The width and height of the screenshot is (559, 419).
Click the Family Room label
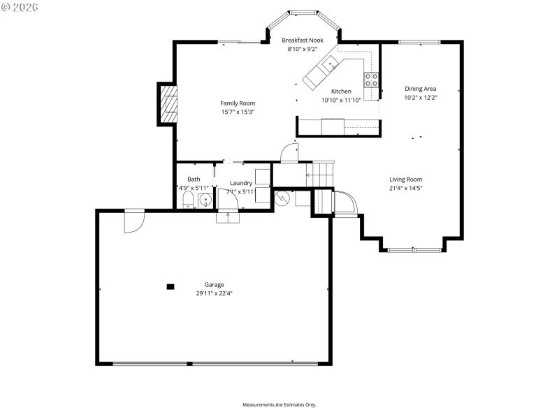(238, 103)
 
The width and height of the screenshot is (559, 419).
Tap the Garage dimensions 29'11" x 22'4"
(214, 294)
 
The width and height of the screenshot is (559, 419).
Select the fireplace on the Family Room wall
(168, 104)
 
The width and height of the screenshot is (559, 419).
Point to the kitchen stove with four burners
(371, 80)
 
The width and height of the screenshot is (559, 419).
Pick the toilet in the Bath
(187, 202)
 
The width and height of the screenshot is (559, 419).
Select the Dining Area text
(421, 89)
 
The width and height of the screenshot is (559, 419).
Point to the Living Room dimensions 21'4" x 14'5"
(406, 188)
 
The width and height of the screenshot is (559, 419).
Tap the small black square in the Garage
(170, 286)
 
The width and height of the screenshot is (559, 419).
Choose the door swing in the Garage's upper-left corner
(133, 221)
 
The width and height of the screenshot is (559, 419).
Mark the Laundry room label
(241, 183)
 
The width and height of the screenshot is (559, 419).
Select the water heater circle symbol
(283, 198)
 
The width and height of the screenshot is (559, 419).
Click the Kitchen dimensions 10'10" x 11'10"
(341, 101)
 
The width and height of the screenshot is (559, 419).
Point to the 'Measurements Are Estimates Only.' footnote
(279, 405)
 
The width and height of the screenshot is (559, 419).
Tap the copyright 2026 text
(20, 6)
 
